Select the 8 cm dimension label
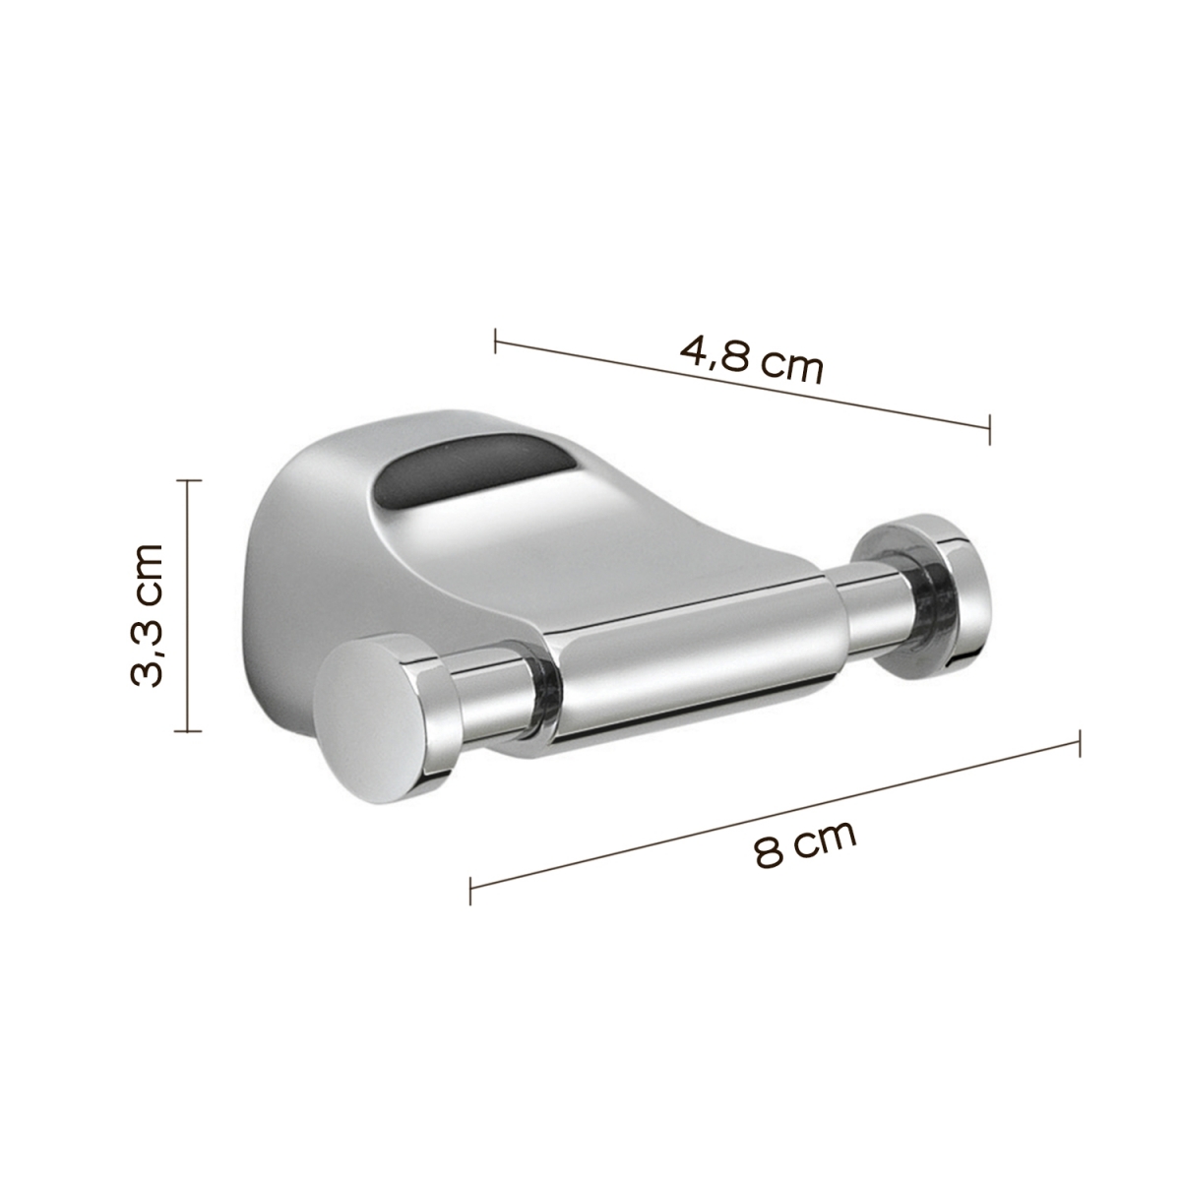point(805,844)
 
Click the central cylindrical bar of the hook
point(689,645)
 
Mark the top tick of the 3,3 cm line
point(187,480)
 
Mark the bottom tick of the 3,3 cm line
point(187,731)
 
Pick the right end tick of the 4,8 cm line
point(989,428)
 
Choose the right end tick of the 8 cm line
point(1080,743)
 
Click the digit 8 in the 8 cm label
point(769,853)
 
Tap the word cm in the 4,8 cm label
point(792,369)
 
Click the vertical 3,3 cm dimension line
point(187,605)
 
